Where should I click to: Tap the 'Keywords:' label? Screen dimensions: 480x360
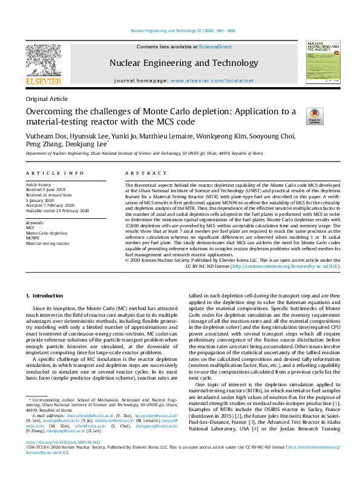34,222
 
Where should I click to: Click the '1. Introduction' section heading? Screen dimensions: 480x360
46,295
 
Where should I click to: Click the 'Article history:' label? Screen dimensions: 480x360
39,184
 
